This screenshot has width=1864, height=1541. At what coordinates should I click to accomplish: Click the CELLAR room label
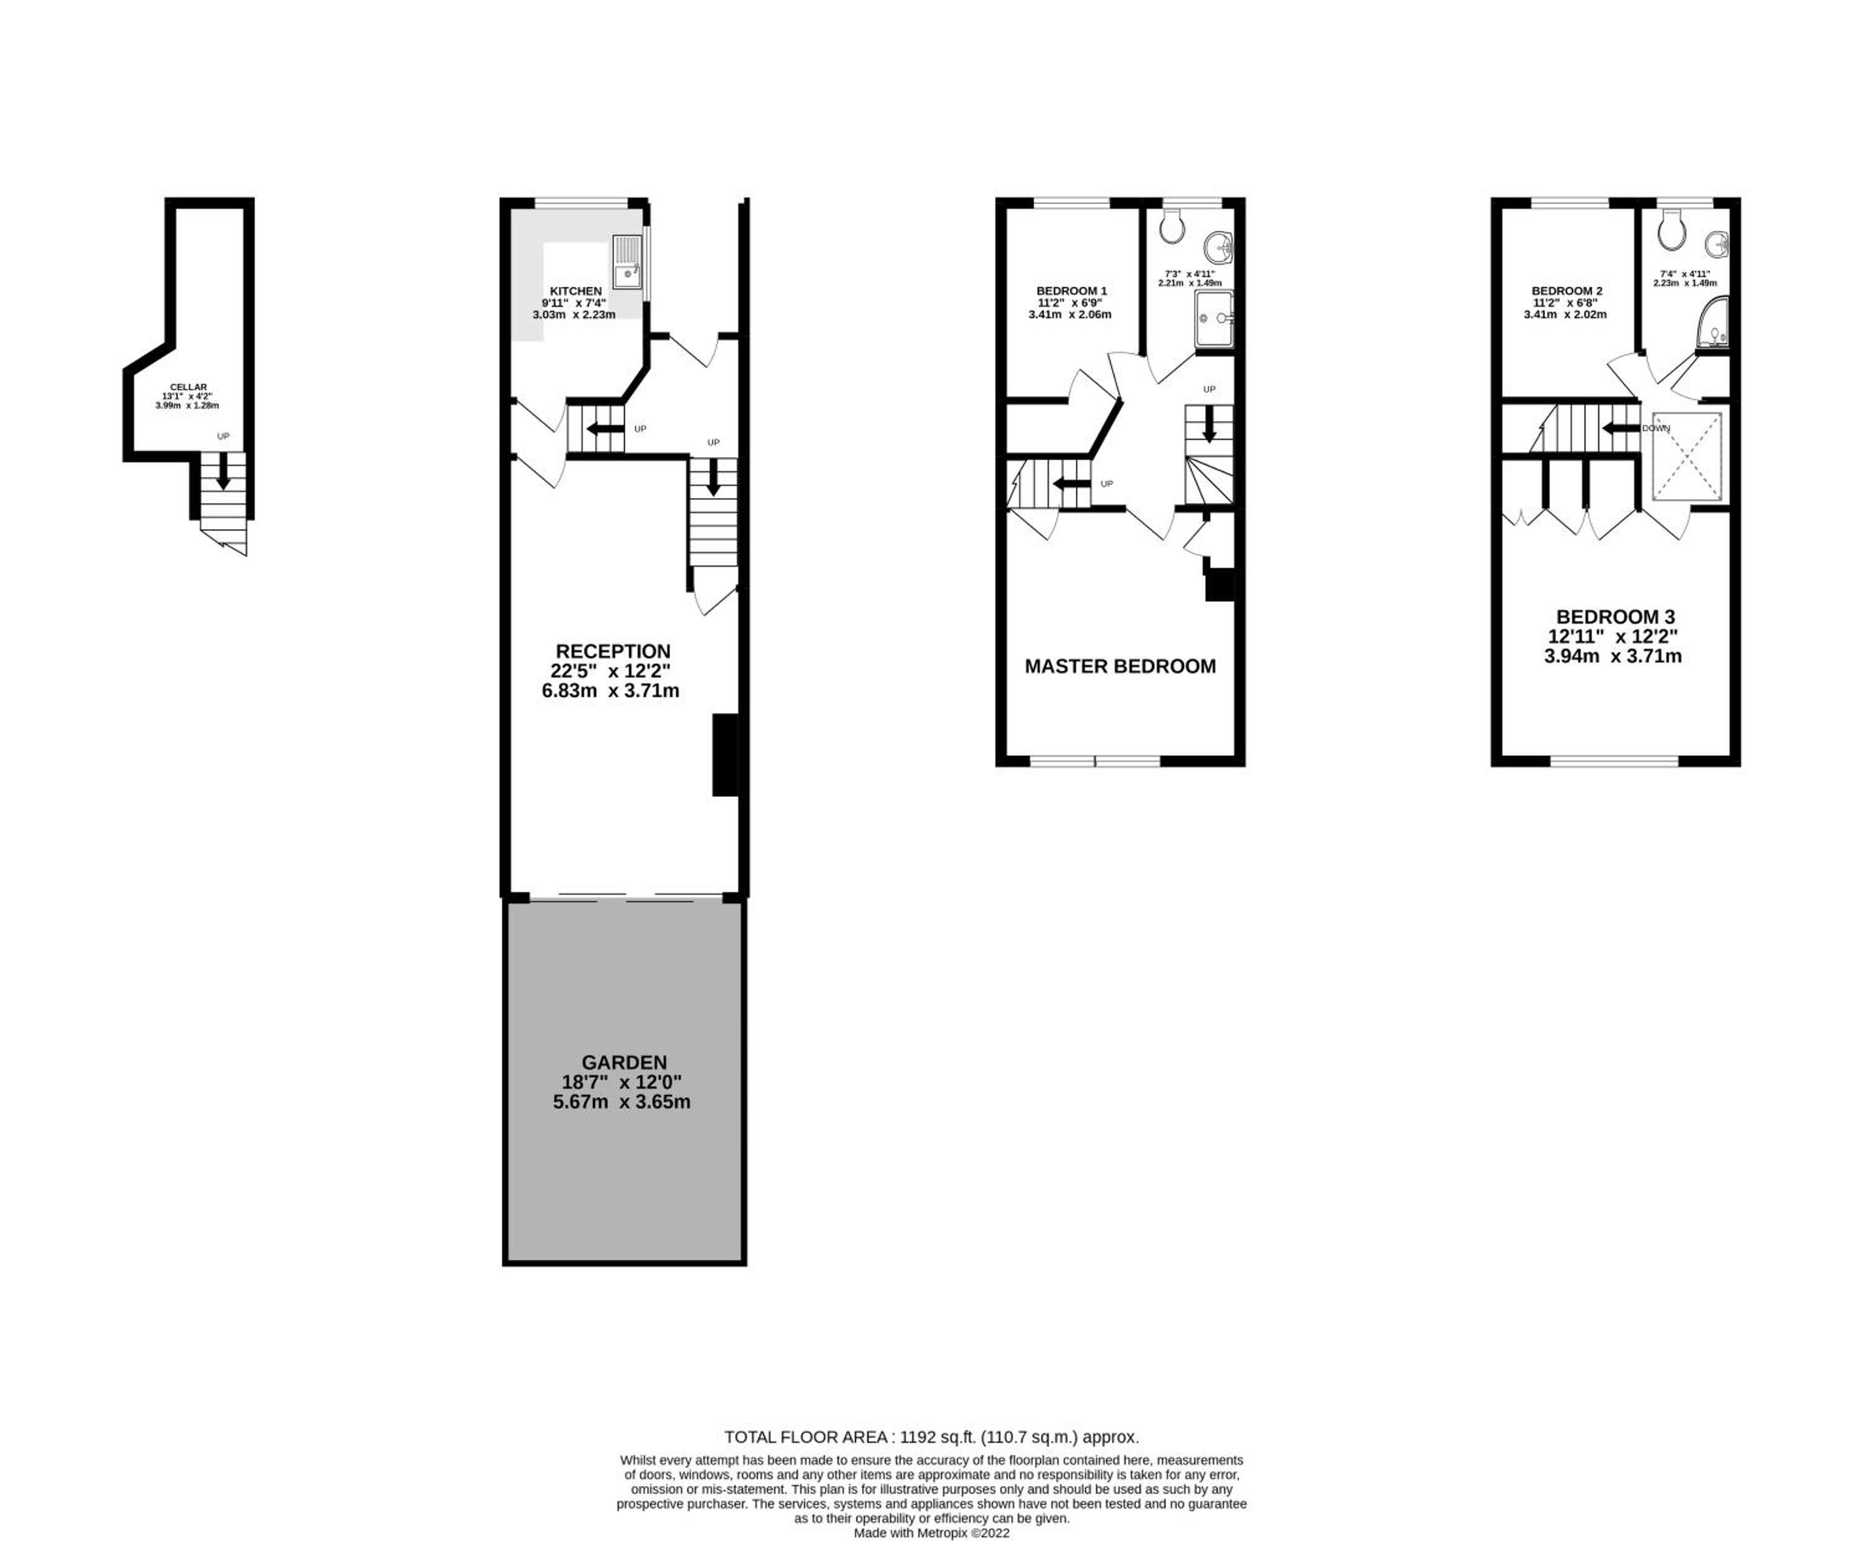pyautogui.click(x=188, y=387)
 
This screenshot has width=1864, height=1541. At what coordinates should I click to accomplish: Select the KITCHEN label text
pyautogui.click(x=575, y=291)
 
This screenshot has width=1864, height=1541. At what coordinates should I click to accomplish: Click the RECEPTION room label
pyautogui.click(x=613, y=651)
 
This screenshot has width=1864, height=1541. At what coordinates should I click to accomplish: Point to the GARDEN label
pyautogui.click(x=624, y=1062)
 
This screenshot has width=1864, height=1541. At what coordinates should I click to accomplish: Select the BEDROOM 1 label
pyautogui.click(x=1071, y=291)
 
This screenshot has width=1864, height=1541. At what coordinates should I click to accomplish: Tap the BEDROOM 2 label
pyautogui.click(x=1566, y=291)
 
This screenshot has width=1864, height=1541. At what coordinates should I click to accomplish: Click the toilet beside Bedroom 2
pyautogui.click(x=1671, y=229)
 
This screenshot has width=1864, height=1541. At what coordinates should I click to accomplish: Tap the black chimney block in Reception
pyautogui.click(x=725, y=754)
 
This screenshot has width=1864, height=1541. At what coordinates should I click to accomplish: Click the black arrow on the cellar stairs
pyautogui.click(x=223, y=470)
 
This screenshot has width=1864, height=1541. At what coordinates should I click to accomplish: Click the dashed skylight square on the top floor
pyautogui.click(x=1686, y=456)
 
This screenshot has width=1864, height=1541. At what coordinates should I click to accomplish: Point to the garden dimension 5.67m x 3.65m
pyautogui.click(x=621, y=1102)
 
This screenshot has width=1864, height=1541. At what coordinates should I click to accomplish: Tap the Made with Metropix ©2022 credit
pyautogui.click(x=931, y=1532)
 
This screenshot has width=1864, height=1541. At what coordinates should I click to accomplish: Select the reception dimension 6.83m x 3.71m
pyautogui.click(x=611, y=690)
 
